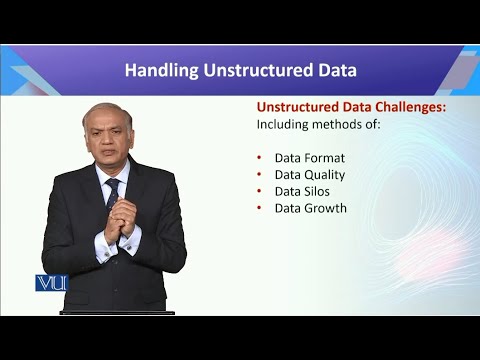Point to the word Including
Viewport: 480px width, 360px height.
[x=285, y=125]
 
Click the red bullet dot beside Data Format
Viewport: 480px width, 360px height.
[x=260, y=157]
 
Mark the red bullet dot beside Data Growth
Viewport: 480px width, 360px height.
[x=260, y=208]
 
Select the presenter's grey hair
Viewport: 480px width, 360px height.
[x=105, y=109]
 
